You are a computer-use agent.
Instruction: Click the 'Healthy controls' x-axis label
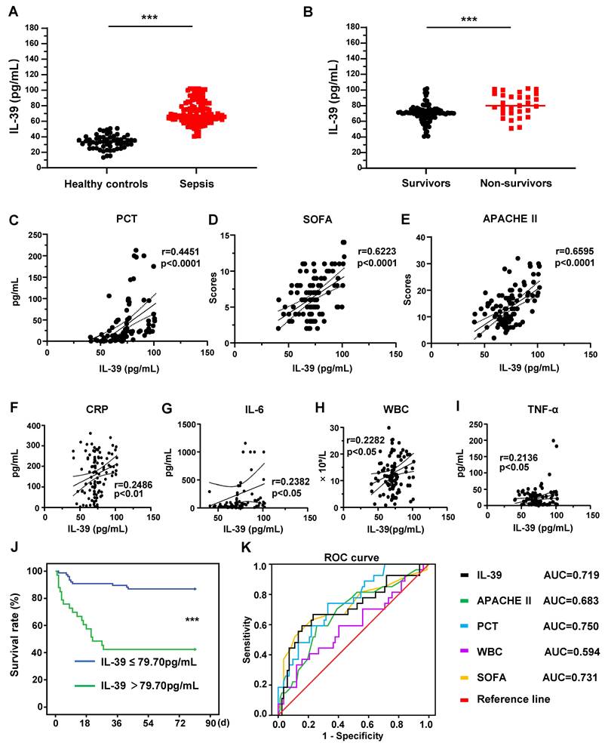click(x=106, y=184)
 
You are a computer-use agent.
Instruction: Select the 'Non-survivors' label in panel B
click(x=516, y=183)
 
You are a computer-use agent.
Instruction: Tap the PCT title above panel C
click(x=127, y=219)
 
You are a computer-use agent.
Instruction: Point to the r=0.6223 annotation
click(x=376, y=251)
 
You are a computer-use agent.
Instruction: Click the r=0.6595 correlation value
click(x=575, y=251)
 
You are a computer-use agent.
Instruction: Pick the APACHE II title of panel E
click(x=510, y=219)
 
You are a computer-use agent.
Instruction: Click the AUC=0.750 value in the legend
click(x=571, y=626)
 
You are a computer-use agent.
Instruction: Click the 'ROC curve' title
click(x=352, y=557)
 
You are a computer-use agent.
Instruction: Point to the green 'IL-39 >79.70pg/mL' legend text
click(x=149, y=686)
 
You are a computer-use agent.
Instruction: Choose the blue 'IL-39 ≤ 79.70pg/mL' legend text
click(x=149, y=661)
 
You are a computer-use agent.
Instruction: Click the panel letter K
click(x=246, y=547)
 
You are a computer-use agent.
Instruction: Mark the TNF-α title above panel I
click(x=542, y=409)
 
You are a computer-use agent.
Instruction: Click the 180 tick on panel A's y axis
click(x=32, y=28)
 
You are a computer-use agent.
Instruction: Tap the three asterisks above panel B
click(x=468, y=20)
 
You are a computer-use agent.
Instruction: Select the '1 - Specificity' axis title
click(x=352, y=736)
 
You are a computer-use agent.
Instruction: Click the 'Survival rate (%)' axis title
click(x=15, y=635)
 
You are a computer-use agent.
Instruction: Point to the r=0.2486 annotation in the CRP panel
click(x=133, y=485)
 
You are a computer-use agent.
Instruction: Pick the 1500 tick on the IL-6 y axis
click(x=187, y=424)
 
